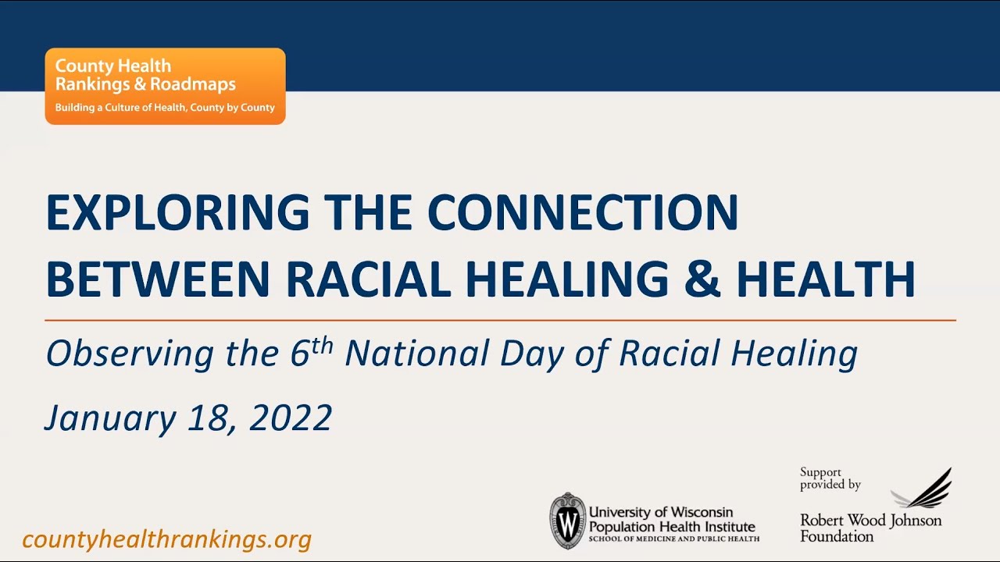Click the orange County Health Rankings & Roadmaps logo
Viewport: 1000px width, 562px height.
point(165,86)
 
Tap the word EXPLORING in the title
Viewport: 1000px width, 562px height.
point(177,212)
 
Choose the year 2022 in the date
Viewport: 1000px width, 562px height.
point(291,418)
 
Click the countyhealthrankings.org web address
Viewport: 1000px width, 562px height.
point(167,539)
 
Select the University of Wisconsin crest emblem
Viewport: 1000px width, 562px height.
point(567,521)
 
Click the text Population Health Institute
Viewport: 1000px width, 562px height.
point(672,526)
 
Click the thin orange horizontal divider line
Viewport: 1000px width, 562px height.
point(500,320)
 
